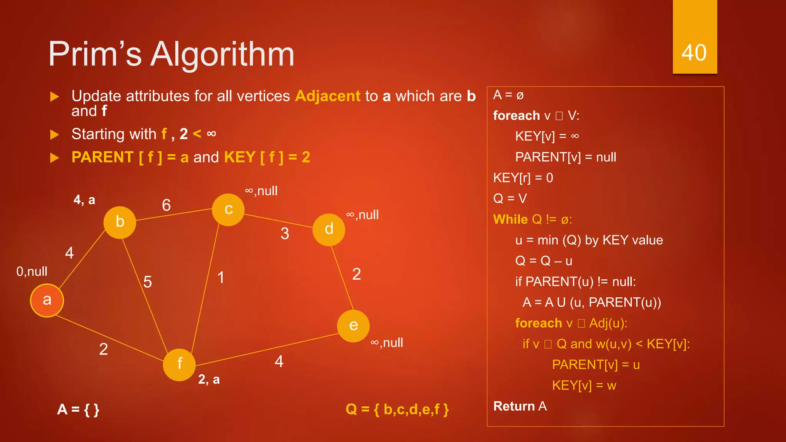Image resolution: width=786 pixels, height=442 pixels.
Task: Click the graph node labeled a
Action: click(47, 300)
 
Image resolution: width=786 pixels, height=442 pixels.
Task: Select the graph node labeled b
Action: click(120, 222)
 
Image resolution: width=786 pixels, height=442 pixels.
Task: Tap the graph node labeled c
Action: click(228, 209)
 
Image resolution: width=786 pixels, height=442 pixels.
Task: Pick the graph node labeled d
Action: click(329, 229)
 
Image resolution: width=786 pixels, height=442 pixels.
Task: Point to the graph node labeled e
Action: click(353, 326)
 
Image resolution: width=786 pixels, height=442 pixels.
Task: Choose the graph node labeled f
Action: click(179, 364)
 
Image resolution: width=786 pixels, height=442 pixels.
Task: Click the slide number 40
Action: click(694, 53)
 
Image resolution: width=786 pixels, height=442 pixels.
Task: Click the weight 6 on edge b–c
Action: click(166, 205)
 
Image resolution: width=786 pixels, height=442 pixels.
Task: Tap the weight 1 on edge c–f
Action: click(221, 277)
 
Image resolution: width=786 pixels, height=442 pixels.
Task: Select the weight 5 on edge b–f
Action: click(147, 282)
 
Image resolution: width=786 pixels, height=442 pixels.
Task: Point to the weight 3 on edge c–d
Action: click(285, 234)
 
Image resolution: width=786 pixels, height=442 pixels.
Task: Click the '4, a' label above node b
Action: click(84, 200)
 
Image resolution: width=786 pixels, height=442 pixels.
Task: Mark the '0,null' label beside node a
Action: click(32, 272)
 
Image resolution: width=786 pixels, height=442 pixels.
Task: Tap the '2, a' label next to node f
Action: click(209, 379)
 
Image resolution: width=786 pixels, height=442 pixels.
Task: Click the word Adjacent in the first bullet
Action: click(328, 96)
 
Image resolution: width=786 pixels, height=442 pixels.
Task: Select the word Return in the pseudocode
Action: click(514, 406)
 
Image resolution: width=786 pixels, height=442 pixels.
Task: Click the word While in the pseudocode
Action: click(510, 219)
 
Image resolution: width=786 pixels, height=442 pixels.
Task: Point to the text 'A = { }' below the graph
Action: click(78, 409)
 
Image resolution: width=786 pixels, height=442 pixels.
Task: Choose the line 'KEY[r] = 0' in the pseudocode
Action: click(523, 178)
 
